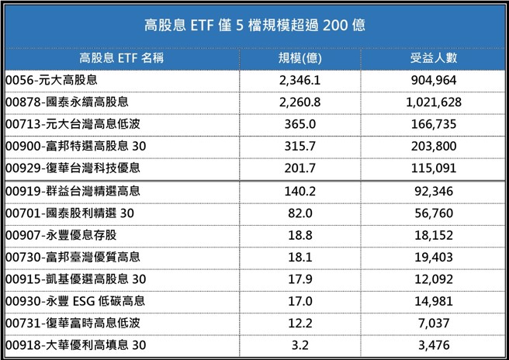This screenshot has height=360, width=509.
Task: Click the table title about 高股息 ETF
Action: tap(254, 25)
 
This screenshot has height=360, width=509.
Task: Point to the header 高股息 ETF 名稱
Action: tap(122, 58)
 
